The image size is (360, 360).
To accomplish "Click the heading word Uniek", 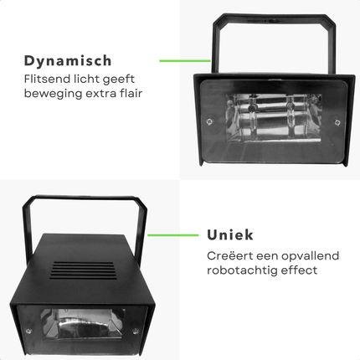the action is point(230,235).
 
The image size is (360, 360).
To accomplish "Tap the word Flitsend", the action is point(47,79).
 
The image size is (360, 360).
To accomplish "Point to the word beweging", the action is point(53,94).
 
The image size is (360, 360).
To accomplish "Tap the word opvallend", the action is point(311,256).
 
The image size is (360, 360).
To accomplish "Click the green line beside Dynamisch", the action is point(185,60).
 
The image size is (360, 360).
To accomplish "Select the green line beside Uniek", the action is point(173,235).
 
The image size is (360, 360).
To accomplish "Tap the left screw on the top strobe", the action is point(209,121).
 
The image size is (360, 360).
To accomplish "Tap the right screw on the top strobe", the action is point(337,122).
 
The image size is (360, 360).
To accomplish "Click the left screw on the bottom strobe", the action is point(28,332).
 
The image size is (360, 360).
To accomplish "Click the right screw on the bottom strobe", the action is point(136,332).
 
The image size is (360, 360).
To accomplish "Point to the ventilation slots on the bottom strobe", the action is point(83,270).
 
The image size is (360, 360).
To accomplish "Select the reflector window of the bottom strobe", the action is point(83,324).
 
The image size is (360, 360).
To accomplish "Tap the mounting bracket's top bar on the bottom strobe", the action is point(84,198).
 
